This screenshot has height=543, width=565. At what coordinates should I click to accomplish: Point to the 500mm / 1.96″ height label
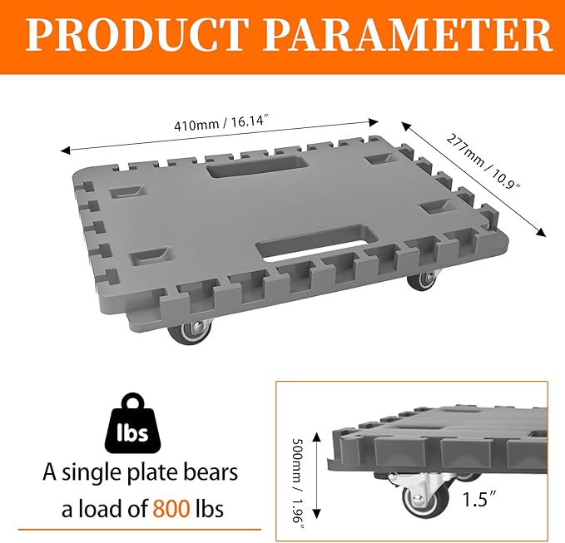(298, 483)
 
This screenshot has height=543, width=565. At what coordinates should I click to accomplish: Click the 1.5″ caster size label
(479, 499)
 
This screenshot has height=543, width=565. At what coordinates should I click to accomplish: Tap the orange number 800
(171, 509)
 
